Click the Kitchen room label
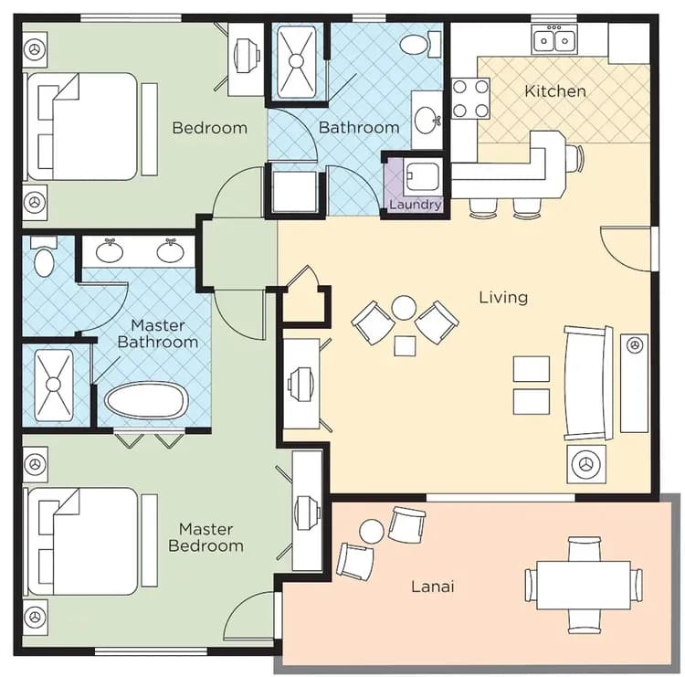pyautogui.click(x=554, y=91)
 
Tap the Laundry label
pyautogui.click(x=415, y=205)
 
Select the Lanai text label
pyautogui.click(x=431, y=586)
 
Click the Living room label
pyautogui.click(x=503, y=297)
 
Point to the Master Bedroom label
pyautogui.click(x=205, y=537)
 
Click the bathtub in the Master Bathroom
pyautogui.click(x=146, y=400)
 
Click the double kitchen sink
pyautogui.click(x=555, y=39)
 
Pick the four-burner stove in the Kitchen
pyautogui.click(x=470, y=99)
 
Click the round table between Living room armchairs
pyautogui.click(x=404, y=308)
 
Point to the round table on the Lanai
pyautogui.click(x=372, y=531)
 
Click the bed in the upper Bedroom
pyautogui.click(x=82, y=126)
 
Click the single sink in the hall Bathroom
pyautogui.click(x=427, y=119)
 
